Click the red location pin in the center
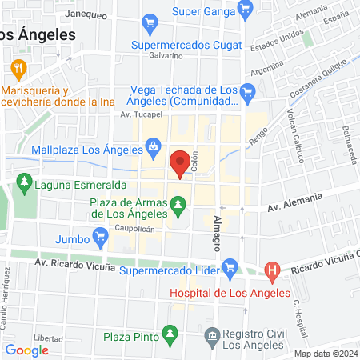[181, 162]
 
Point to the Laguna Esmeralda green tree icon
[24, 184]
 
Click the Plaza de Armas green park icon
[179, 212]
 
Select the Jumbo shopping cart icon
[99, 237]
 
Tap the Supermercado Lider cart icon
[230, 266]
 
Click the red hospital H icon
[272, 272]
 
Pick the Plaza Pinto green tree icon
[169, 332]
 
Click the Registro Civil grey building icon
[211, 334]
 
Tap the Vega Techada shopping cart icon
[247, 93]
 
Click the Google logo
[26, 350]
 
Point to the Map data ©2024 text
[326, 354]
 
